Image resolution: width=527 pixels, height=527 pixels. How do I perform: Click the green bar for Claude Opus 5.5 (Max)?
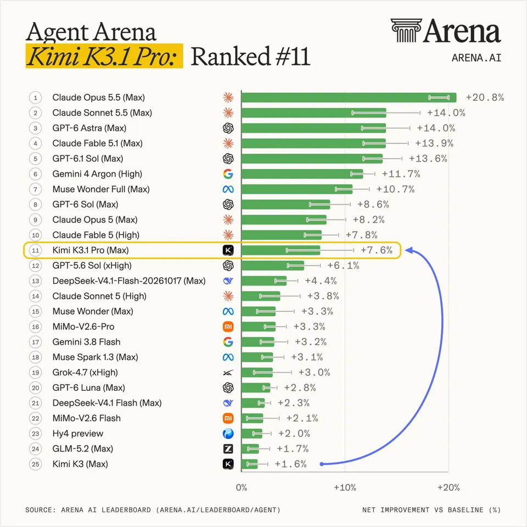[349, 98]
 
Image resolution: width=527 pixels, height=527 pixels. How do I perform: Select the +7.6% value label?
[377, 250]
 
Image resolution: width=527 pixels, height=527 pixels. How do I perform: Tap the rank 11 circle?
[35, 250]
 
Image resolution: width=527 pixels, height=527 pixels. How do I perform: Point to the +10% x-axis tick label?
[345, 487]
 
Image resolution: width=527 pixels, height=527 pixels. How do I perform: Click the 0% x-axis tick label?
[242, 487]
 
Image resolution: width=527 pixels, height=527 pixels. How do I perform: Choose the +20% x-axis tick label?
[448, 487]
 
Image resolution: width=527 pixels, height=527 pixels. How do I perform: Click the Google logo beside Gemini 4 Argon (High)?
[228, 174]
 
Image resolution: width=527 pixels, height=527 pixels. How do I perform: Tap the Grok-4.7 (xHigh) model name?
[85, 372]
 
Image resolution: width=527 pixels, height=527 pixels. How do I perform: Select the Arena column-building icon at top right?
[406, 30]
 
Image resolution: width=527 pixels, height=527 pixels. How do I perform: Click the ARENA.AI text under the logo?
[476, 58]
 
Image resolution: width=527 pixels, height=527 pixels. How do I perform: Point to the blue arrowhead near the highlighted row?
[409, 251]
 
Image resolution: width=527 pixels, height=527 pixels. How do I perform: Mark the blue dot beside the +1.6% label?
[322, 464]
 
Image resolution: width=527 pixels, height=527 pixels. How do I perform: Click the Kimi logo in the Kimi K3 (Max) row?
[228, 464]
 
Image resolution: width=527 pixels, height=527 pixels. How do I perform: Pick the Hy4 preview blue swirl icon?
[228, 434]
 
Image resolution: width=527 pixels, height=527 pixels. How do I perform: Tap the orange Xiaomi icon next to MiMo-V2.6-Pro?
[228, 327]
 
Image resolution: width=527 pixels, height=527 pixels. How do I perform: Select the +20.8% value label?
[485, 98]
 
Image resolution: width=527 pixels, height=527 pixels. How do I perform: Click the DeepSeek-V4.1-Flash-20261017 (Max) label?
[129, 281]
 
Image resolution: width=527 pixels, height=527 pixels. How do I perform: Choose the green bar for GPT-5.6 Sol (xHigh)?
[273, 266]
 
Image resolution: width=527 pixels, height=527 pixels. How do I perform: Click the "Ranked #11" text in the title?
[250, 56]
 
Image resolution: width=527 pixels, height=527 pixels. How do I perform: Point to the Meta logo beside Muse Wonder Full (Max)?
[228, 189]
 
